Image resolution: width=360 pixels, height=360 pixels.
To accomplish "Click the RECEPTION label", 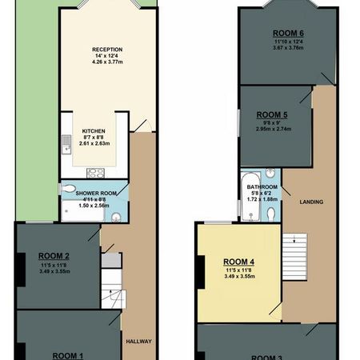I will tap(106, 50).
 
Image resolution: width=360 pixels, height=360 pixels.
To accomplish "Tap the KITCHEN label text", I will tap(94, 132).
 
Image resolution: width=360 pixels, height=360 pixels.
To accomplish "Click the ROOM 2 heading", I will tap(55, 256).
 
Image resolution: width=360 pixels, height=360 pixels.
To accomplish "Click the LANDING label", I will tap(311, 202).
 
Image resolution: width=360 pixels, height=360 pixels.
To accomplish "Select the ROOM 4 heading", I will tap(238, 262).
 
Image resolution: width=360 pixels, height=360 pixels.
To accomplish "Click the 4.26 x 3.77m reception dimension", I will tap(106, 62).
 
